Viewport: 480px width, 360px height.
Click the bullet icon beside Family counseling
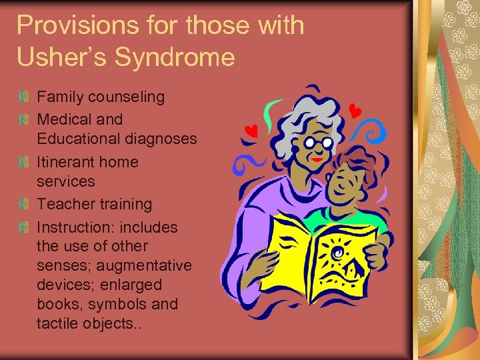(x=25, y=97)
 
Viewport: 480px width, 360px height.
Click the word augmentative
(x=148, y=266)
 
